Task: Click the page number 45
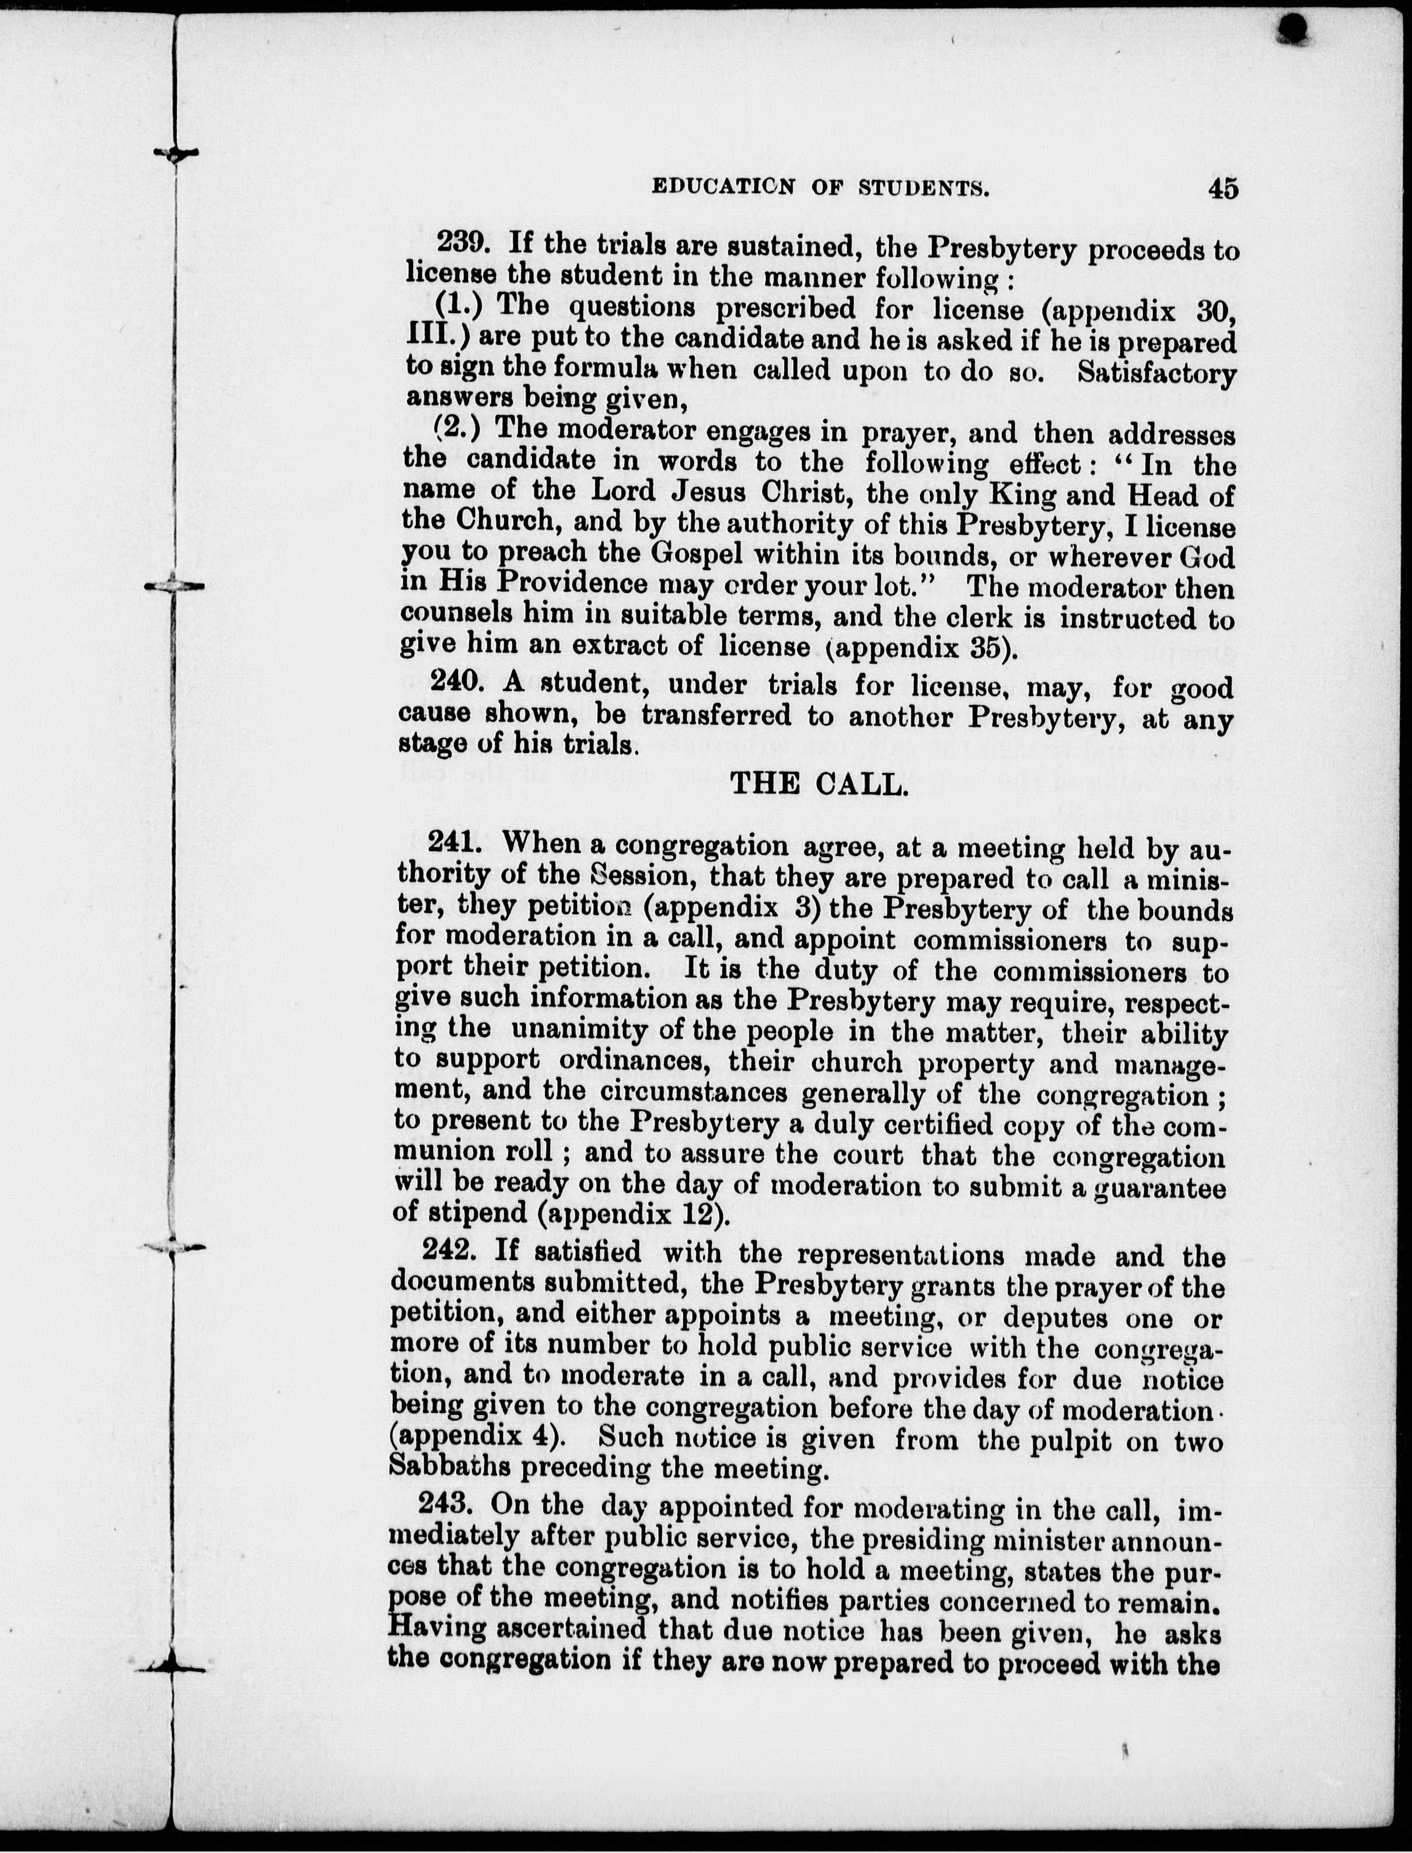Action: [1223, 188]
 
